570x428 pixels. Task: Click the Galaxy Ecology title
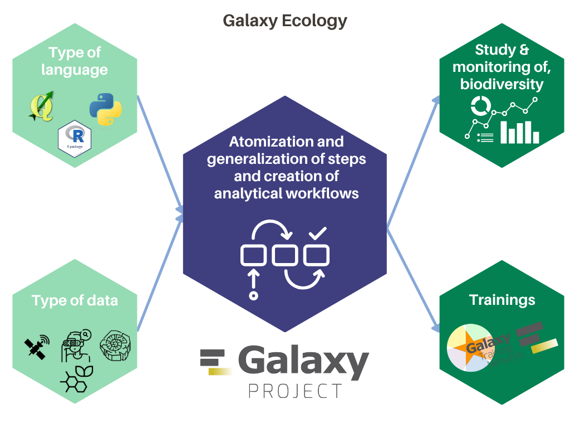(x=285, y=21)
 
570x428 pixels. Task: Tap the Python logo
(x=106, y=109)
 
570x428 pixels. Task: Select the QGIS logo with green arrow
(x=42, y=106)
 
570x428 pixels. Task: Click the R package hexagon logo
(x=75, y=135)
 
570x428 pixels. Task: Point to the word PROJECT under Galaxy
(x=295, y=391)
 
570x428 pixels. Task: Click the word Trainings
(x=502, y=300)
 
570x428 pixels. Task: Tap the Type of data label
(x=75, y=301)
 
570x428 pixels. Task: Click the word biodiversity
(x=502, y=84)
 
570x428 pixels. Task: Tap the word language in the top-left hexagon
(x=75, y=70)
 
